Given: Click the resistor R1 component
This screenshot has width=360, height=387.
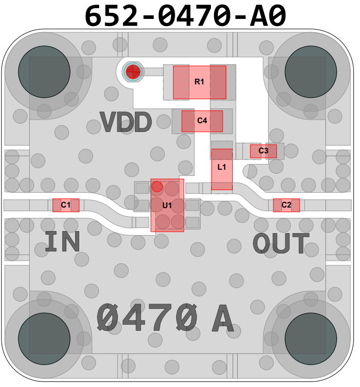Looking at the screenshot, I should pyautogui.click(x=199, y=82).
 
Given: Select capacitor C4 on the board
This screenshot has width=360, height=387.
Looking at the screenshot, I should pyautogui.click(x=202, y=121).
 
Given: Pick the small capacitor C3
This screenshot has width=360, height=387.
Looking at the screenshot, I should pyautogui.click(x=263, y=151).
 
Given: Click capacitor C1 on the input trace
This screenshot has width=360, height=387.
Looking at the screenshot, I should pyautogui.click(x=66, y=205).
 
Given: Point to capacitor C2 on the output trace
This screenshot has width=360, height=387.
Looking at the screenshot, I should pyautogui.click(x=286, y=205).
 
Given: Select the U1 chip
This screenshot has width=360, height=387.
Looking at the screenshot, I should pyautogui.click(x=167, y=205).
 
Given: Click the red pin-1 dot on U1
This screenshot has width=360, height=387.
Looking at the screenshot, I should pyautogui.click(x=157, y=187).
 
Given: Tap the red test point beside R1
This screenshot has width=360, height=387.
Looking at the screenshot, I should pyautogui.click(x=133, y=71).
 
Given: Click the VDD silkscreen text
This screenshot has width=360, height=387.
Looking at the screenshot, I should pyautogui.click(x=126, y=123).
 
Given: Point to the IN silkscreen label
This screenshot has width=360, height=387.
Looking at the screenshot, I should pyautogui.click(x=62, y=242).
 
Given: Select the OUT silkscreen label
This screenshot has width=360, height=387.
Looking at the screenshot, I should pyautogui.click(x=281, y=244).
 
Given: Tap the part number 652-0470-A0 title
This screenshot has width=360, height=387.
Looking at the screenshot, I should pyautogui.click(x=184, y=15).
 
